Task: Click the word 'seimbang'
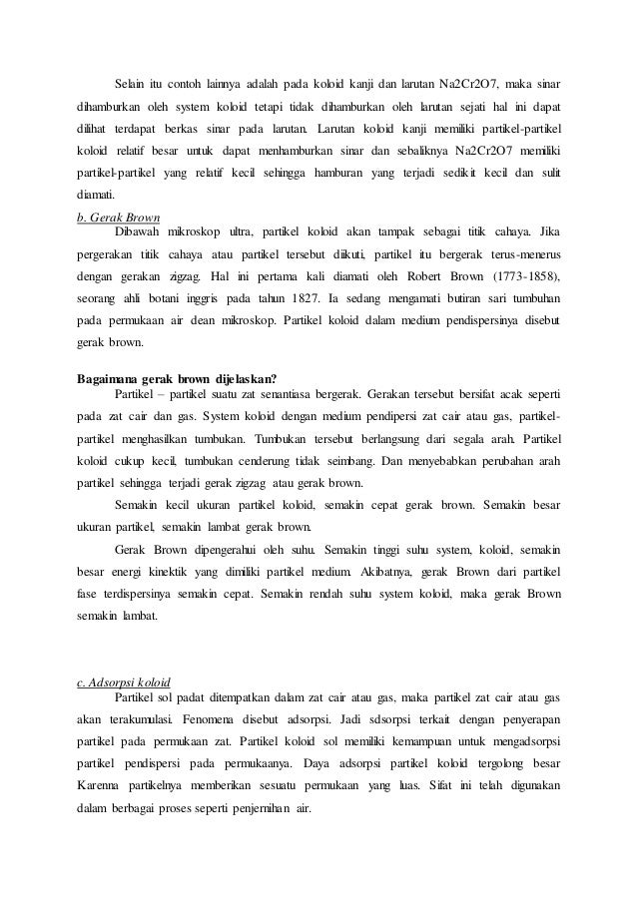[367, 460]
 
